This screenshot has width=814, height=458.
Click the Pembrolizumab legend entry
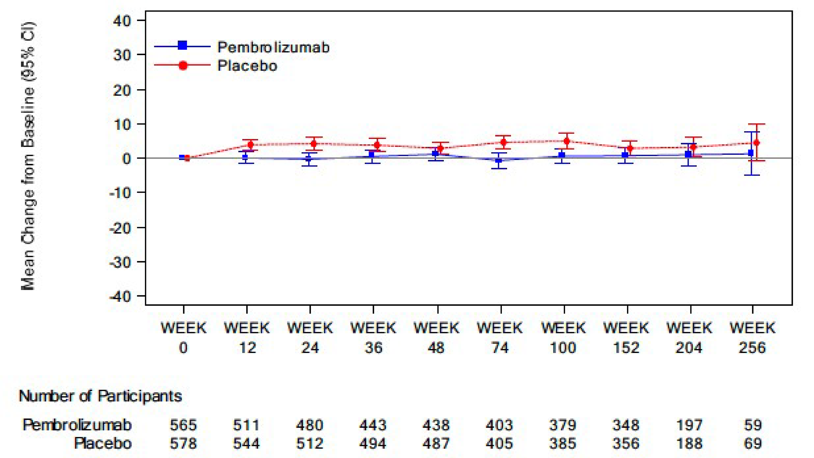273,47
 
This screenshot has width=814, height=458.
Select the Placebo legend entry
247,66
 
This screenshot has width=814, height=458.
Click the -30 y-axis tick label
120,262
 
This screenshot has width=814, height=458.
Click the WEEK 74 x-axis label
500,338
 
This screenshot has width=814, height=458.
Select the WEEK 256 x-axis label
752,338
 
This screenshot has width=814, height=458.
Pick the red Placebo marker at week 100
567,141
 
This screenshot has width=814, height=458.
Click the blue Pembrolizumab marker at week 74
499,161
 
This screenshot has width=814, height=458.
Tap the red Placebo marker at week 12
250,145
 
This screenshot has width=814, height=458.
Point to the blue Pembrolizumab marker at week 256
751,153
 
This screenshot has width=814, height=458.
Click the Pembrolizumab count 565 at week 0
183,425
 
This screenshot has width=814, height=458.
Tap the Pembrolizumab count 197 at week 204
689,425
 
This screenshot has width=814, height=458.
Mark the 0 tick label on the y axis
126,158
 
